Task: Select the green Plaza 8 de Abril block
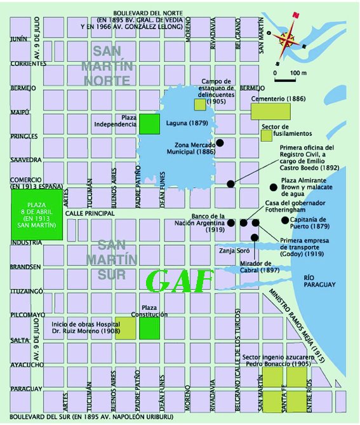37,213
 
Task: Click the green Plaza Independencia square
149,124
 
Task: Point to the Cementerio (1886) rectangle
270,111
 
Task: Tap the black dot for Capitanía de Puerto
284,220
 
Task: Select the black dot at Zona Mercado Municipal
220,143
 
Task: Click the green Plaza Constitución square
149,328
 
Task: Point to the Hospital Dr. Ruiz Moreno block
125,328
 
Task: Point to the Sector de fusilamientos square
267,135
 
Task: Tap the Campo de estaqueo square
200,105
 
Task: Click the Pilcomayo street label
26,314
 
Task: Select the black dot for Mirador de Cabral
255,237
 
